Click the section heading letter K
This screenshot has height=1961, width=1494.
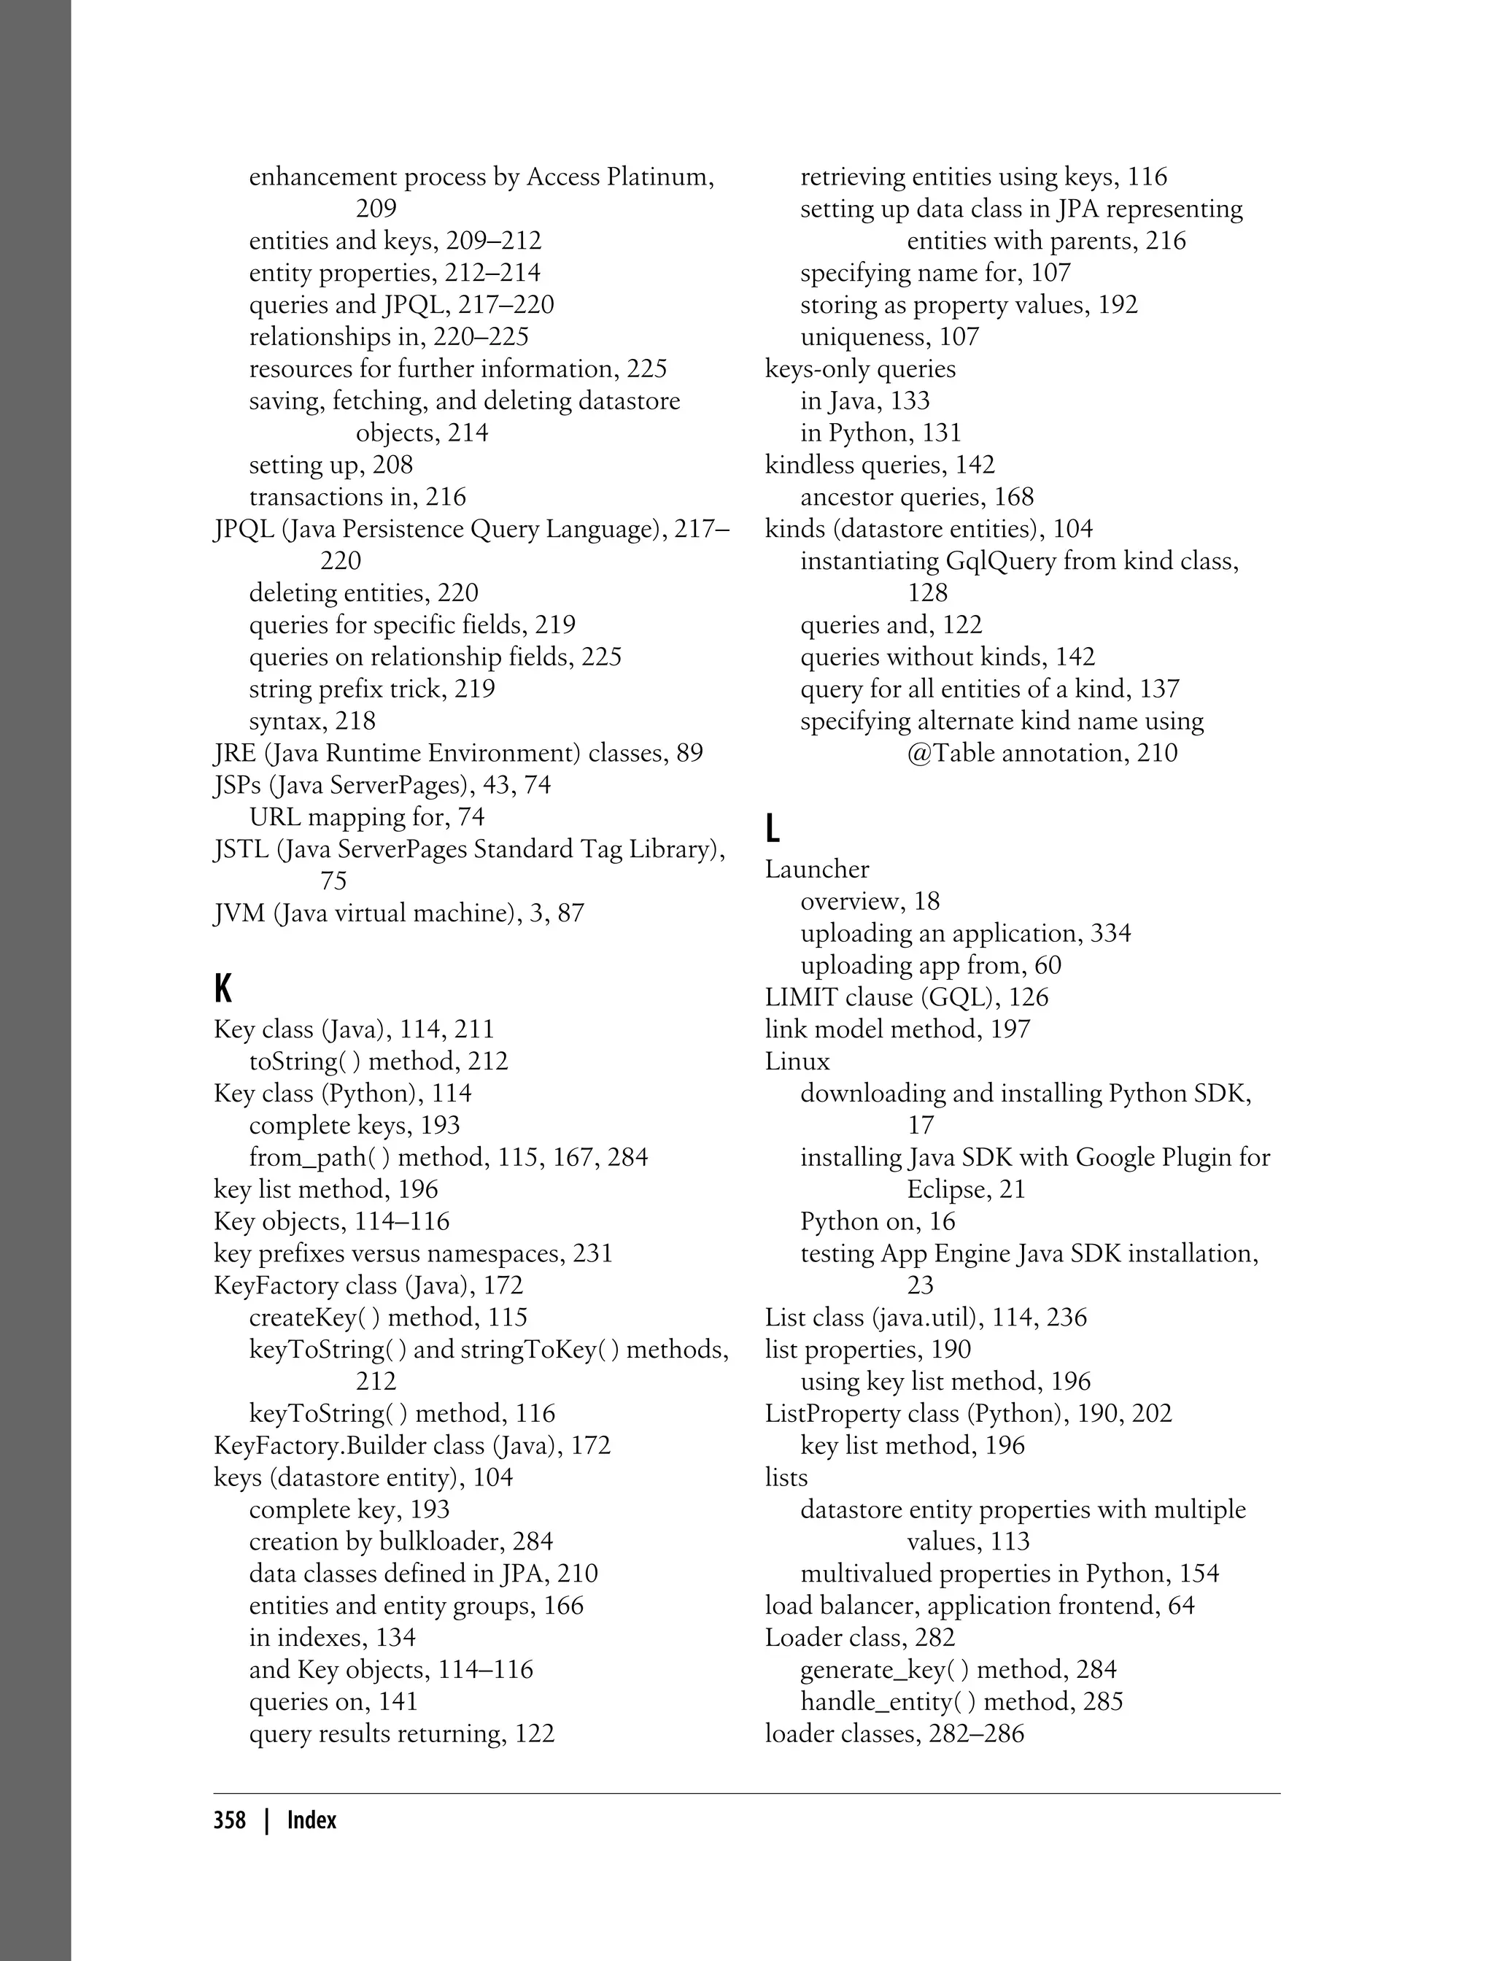click(223, 988)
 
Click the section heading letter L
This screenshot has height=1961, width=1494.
click(772, 828)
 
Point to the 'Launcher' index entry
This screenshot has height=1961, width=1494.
click(816, 869)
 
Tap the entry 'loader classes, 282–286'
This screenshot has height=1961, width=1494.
click(894, 1733)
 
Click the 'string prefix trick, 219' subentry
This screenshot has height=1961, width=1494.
click(372, 689)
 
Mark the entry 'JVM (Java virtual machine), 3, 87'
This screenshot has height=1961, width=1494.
click(398, 913)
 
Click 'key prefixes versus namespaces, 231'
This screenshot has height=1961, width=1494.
click(413, 1253)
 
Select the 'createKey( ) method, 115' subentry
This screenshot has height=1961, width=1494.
click(388, 1317)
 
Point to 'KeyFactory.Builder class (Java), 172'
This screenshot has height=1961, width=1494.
click(411, 1445)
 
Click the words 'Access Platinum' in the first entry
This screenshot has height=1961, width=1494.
click(619, 177)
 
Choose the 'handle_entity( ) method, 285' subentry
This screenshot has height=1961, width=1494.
click(961, 1701)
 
